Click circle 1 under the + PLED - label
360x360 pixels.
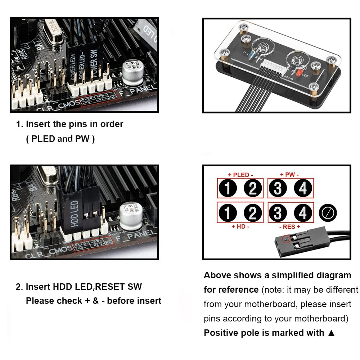(x=228, y=188)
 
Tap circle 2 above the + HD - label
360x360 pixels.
(x=252, y=213)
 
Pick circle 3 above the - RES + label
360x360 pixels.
(x=278, y=213)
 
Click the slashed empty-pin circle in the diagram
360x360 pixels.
(x=328, y=213)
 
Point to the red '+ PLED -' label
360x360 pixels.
(x=240, y=175)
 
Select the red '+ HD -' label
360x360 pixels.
(x=240, y=226)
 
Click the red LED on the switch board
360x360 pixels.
(x=297, y=76)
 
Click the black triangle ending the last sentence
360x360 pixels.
(x=331, y=333)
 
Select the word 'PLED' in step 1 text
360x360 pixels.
(x=43, y=139)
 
